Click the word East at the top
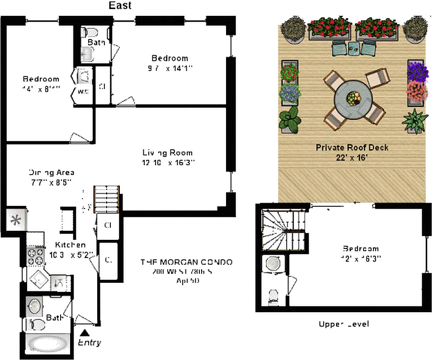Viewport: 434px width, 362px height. coord(120,5)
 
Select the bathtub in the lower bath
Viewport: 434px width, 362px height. coord(47,344)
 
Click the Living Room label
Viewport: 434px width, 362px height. coord(168,152)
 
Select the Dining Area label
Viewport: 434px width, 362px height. coord(52,172)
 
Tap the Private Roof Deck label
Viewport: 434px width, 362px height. coord(352,148)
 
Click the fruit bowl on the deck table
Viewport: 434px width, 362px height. coord(353,97)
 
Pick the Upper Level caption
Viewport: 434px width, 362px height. coord(344,324)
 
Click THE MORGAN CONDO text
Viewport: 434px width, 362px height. coord(186,262)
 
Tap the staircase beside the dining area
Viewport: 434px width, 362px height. coord(107,199)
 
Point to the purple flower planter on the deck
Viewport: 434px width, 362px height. coord(417,71)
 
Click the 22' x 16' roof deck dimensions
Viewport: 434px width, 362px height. coord(352,157)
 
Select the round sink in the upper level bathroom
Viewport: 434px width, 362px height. coord(273,264)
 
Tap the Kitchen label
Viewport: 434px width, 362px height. coord(67,245)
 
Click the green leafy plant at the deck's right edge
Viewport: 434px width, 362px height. coord(415,120)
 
